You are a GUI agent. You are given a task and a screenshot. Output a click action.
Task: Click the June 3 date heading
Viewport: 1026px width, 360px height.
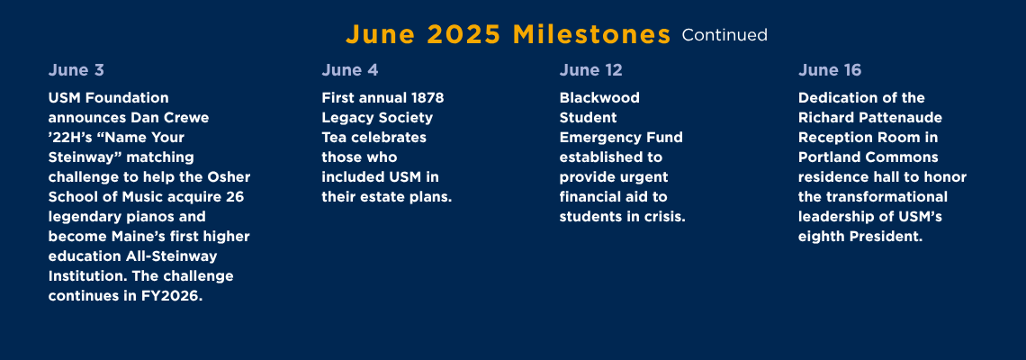click(76, 70)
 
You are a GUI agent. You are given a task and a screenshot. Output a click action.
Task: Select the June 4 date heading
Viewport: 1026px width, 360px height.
click(349, 70)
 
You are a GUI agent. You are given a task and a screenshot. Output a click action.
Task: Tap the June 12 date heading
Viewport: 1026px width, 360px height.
click(591, 70)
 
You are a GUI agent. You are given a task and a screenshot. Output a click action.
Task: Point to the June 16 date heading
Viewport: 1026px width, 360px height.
click(830, 70)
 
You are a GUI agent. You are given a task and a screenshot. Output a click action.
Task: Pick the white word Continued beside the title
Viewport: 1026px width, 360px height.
click(724, 35)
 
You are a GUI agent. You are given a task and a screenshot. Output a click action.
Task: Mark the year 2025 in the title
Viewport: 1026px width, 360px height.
click(463, 35)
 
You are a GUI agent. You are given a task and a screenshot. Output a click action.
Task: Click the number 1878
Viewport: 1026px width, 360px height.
click(427, 97)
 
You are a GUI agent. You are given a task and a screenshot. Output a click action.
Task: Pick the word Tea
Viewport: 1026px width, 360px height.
click(334, 138)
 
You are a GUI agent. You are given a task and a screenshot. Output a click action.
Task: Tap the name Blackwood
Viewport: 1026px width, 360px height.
click(599, 97)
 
